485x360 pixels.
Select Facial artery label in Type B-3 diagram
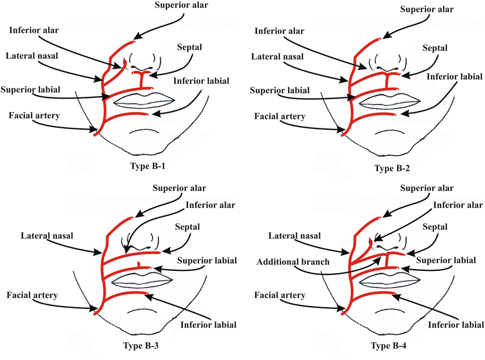coord(33,295)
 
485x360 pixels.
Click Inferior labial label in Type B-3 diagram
coord(209,324)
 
